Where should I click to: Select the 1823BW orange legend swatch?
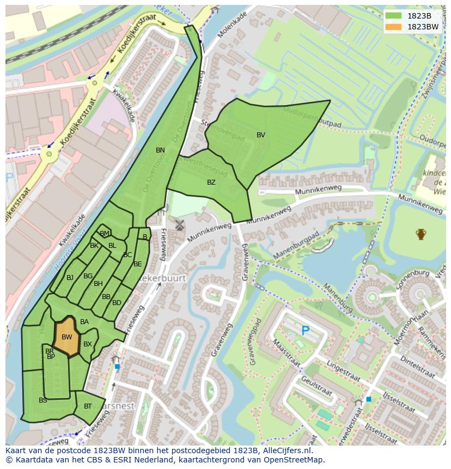click(392, 27)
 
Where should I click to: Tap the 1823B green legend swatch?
click(392, 16)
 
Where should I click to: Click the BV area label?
click(261, 135)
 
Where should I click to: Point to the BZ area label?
click(211, 182)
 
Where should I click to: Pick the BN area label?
click(160, 150)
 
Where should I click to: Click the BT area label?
click(88, 406)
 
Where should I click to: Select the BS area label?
click(43, 400)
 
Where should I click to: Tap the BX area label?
click(88, 344)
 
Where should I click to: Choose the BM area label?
click(105, 234)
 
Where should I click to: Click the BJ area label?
click(70, 278)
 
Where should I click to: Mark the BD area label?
click(117, 303)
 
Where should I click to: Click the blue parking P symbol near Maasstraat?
click(306, 331)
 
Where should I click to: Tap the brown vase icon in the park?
click(420, 234)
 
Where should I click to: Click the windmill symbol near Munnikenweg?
click(179, 224)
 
